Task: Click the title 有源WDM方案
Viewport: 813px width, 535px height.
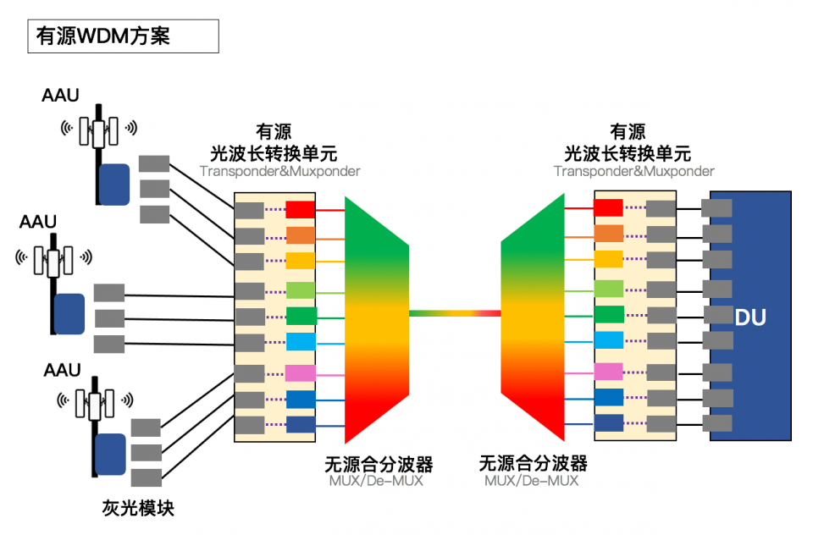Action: pos(102,36)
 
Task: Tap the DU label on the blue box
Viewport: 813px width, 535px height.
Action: pos(750,318)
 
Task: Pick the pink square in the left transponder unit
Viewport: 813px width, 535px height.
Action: pos(301,373)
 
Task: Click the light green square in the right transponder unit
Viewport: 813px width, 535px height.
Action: pos(608,289)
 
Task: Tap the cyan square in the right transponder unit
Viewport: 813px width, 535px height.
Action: pos(608,340)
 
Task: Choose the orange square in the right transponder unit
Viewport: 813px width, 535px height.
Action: pos(608,234)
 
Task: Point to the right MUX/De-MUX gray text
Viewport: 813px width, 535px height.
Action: pos(532,481)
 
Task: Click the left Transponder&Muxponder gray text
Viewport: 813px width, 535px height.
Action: pos(279,171)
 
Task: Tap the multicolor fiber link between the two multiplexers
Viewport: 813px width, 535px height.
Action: pos(455,313)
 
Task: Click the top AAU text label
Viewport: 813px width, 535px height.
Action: pos(60,95)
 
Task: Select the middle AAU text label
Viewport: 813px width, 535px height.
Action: pos(38,222)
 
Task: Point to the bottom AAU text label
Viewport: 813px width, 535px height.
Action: pos(62,370)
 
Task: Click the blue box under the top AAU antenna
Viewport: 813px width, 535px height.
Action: pos(114,185)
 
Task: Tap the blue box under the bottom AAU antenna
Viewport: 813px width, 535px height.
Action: pos(110,457)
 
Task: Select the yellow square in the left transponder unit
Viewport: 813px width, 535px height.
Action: pos(301,261)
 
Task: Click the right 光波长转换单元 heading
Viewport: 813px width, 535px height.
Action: pos(628,153)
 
